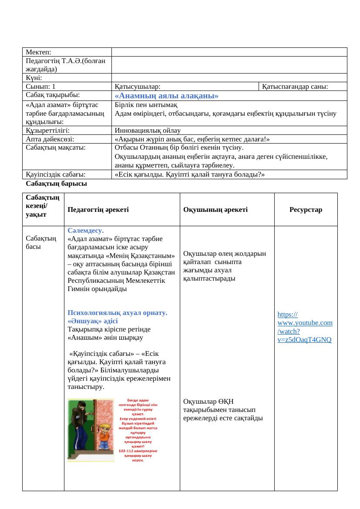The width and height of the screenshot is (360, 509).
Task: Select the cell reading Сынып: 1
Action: click(x=40, y=87)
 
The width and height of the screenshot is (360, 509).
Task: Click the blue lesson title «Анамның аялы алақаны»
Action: click(x=166, y=96)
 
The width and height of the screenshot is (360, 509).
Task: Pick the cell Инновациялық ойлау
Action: click(x=148, y=130)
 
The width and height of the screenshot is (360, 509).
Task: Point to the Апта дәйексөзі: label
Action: click(x=50, y=139)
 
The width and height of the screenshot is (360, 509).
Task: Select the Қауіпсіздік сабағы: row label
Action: click(x=55, y=174)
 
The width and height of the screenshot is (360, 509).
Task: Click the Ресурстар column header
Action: click(x=306, y=210)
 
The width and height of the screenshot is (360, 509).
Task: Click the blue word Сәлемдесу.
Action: click(x=86, y=231)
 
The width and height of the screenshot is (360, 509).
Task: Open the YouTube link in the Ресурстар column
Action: click(x=305, y=327)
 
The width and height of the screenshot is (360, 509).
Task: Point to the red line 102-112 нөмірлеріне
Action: click(x=138, y=451)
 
